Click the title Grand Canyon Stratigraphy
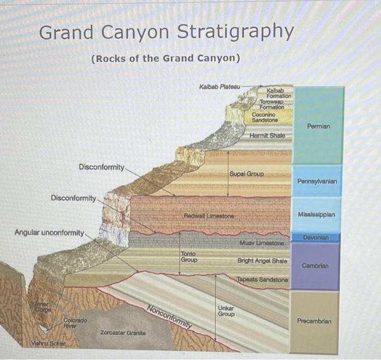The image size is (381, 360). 166,33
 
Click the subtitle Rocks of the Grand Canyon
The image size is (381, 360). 166,58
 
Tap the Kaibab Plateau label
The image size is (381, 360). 220,87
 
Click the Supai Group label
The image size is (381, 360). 247,174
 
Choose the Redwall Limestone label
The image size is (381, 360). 208,216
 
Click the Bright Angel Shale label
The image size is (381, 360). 262,261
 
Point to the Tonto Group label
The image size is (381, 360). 188,257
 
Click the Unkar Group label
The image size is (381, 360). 226,311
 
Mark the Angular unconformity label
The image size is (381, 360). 49,233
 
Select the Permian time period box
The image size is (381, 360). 318,126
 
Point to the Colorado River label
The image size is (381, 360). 73,323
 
